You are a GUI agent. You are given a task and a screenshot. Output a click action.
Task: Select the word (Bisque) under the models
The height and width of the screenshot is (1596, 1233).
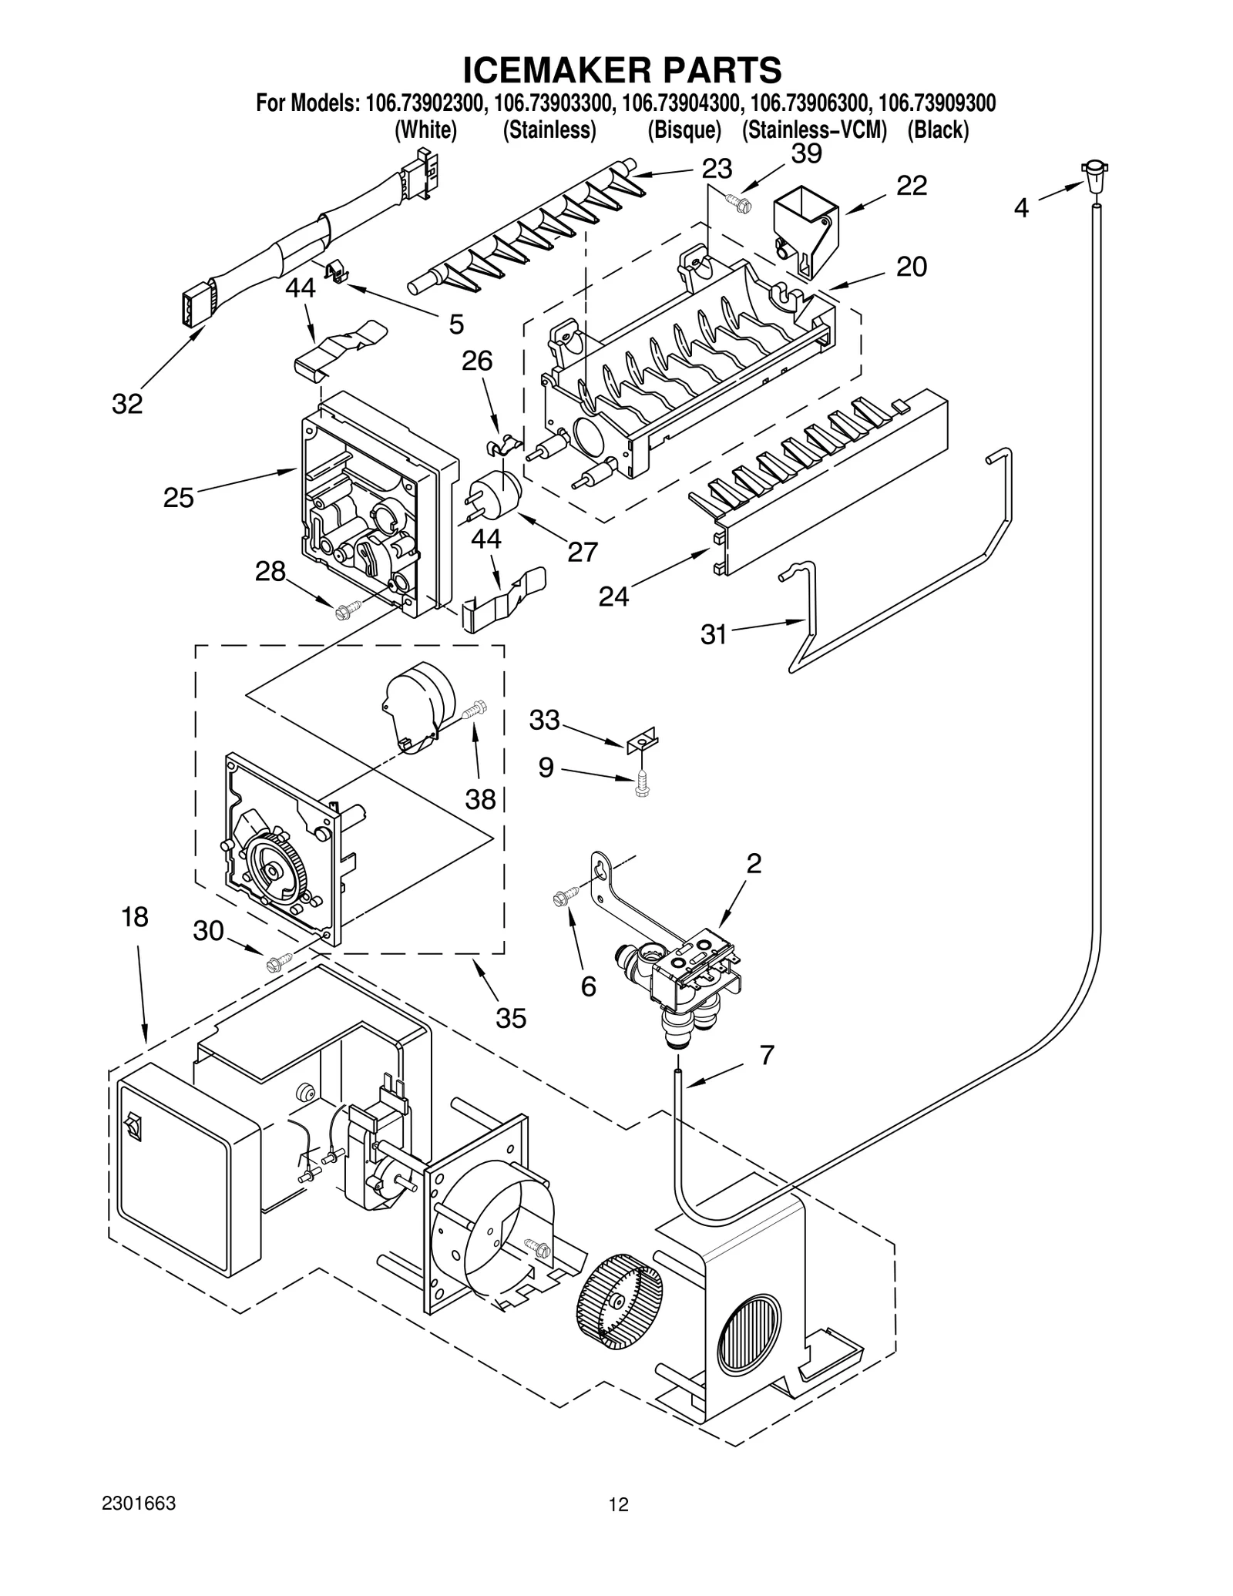click(x=684, y=130)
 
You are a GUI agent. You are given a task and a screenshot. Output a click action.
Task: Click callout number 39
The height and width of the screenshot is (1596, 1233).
click(x=806, y=154)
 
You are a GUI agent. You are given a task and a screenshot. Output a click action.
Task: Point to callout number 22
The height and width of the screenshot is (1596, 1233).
click(x=911, y=186)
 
